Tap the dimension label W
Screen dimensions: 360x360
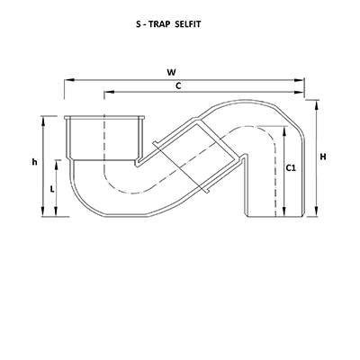point(184,72)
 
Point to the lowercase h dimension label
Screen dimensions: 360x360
point(34,162)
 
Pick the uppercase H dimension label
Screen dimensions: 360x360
point(323,157)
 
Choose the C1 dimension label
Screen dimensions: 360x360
point(291,167)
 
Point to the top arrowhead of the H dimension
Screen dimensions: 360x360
point(316,102)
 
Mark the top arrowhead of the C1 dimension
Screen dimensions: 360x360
point(284,130)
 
